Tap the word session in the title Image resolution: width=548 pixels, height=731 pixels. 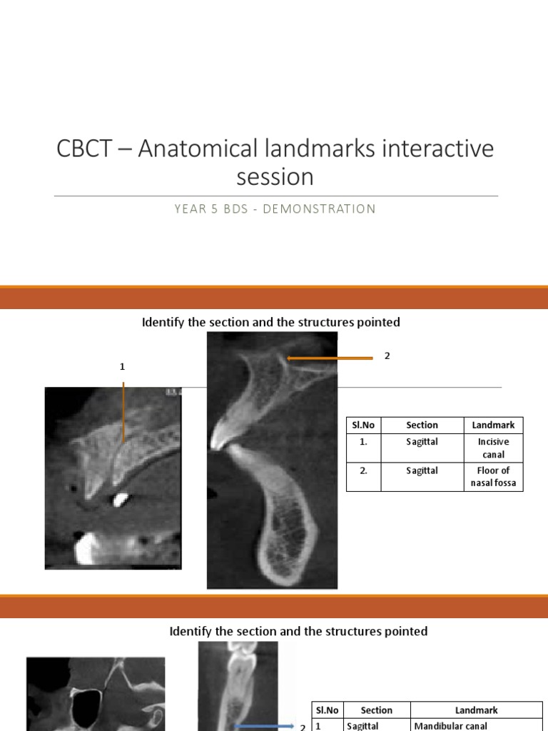(275, 176)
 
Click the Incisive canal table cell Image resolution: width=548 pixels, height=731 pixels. (493, 448)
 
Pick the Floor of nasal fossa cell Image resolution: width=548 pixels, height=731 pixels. (493, 477)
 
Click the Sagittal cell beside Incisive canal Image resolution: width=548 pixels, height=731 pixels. (422, 442)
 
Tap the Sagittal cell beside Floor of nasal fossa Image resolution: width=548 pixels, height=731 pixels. (422, 471)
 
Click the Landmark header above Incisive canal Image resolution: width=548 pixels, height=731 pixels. (493, 425)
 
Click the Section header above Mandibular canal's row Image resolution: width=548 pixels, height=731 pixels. (377, 710)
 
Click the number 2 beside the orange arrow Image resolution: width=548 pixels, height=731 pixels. (387, 356)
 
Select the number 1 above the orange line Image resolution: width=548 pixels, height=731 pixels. (122, 366)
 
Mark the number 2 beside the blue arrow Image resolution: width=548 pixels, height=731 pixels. (303, 727)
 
